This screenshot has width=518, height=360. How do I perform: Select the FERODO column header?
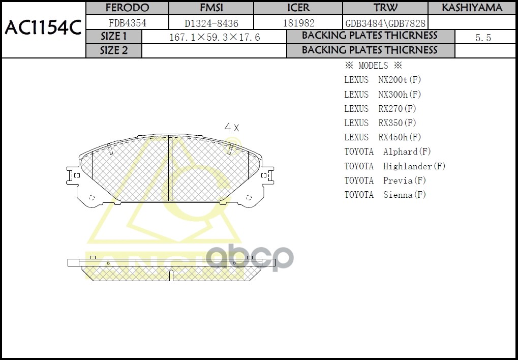click(127, 8)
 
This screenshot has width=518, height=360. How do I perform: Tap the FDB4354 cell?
click(127, 23)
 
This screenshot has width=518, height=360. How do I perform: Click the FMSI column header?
click(211, 8)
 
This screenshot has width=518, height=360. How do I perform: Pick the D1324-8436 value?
click(211, 23)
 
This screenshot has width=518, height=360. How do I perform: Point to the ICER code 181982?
click(298, 23)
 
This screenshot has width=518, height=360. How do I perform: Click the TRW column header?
click(385, 8)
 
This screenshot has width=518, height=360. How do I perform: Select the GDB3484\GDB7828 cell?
click(385, 23)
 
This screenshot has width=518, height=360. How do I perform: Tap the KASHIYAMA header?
click(472, 8)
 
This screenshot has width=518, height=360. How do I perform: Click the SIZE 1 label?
click(114, 37)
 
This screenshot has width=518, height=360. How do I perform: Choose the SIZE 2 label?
click(114, 50)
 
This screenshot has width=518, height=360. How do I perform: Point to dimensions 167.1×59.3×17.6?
click(214, 38)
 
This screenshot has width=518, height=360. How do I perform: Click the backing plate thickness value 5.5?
click(482, 38)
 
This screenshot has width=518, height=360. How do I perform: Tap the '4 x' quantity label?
click(232, 128)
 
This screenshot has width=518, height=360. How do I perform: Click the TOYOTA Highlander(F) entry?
click(394, 166)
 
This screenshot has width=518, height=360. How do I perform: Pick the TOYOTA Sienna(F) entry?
click(385, 195)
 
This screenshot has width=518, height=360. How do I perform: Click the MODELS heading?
click(373, 66)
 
